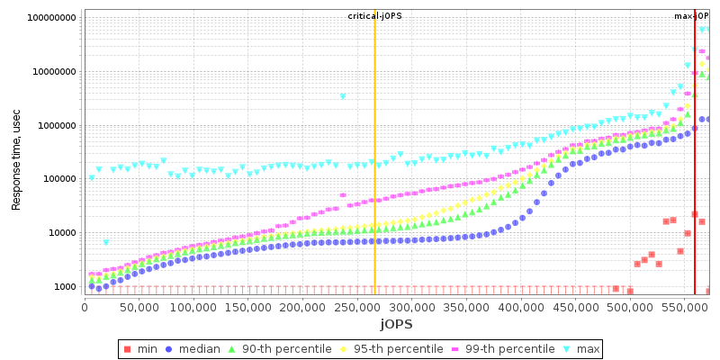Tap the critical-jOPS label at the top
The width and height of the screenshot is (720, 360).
[x=375, y=16]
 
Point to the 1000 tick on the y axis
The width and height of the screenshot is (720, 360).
[x=65, y=287]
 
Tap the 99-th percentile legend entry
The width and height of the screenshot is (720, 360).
[x=515, y=349]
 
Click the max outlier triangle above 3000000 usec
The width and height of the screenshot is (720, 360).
[x=343, y=96]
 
